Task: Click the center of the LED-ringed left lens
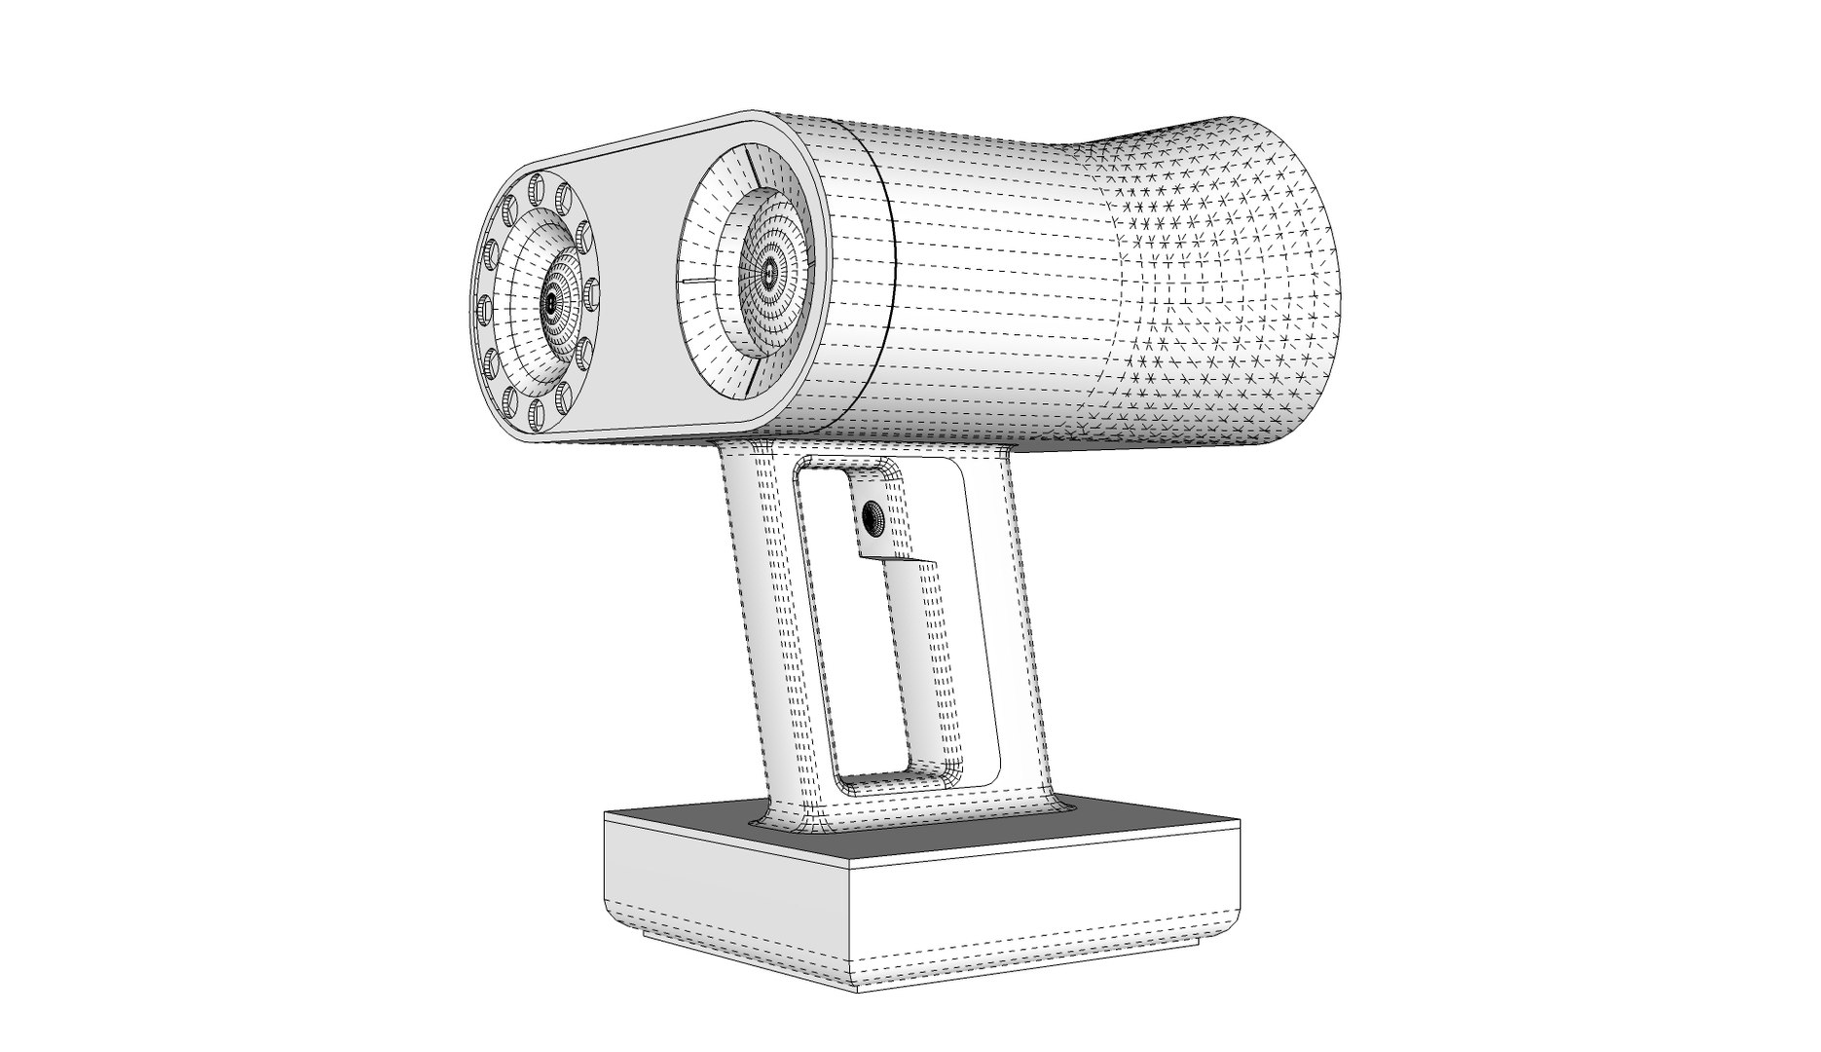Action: (551, 305)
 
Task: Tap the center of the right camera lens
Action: (770, 274)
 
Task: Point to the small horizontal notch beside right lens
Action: (697, 280)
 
